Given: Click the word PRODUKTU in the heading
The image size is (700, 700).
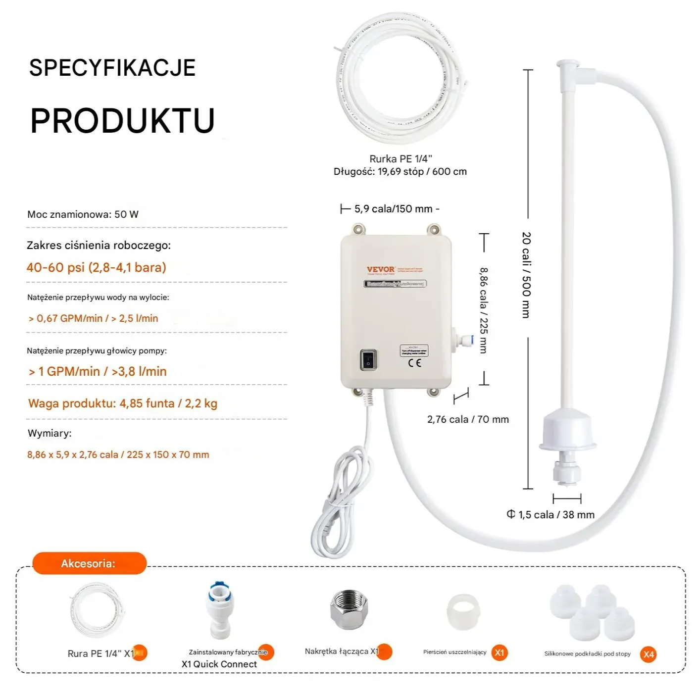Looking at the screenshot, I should [122, 121].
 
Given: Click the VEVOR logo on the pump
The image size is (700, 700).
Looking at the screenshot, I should [380, 269].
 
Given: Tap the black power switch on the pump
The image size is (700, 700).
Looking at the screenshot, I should [368, 359].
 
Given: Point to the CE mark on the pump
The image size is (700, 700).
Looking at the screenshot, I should [415, 363].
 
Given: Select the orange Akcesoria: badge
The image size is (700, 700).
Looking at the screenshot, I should [89, 563].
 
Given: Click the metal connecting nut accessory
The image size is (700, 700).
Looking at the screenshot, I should [350, 610].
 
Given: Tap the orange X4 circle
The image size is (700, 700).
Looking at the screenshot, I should [648, 654].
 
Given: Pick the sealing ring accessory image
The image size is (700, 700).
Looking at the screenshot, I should [463, 612].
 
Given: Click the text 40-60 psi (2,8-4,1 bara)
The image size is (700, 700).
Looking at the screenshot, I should [97, 267].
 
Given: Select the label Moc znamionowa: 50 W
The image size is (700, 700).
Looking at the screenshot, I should [83, 214].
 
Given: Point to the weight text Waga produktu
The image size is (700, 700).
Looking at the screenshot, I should [123, 403].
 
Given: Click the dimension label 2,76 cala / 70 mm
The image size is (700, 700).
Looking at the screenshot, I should [468, 419].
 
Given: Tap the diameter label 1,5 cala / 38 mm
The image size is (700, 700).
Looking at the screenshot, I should [555, 515].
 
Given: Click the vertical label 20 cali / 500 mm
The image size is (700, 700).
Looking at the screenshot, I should [526, 275].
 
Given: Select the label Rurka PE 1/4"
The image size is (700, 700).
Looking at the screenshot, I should [400, 159].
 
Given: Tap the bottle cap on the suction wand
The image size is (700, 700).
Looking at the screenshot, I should [567, 431].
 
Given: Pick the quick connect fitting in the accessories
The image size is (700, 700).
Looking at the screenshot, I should [219, 610].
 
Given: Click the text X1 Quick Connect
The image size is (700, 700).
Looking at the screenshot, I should [219, 664].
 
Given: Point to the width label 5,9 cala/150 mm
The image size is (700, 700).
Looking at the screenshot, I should [393, 209].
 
